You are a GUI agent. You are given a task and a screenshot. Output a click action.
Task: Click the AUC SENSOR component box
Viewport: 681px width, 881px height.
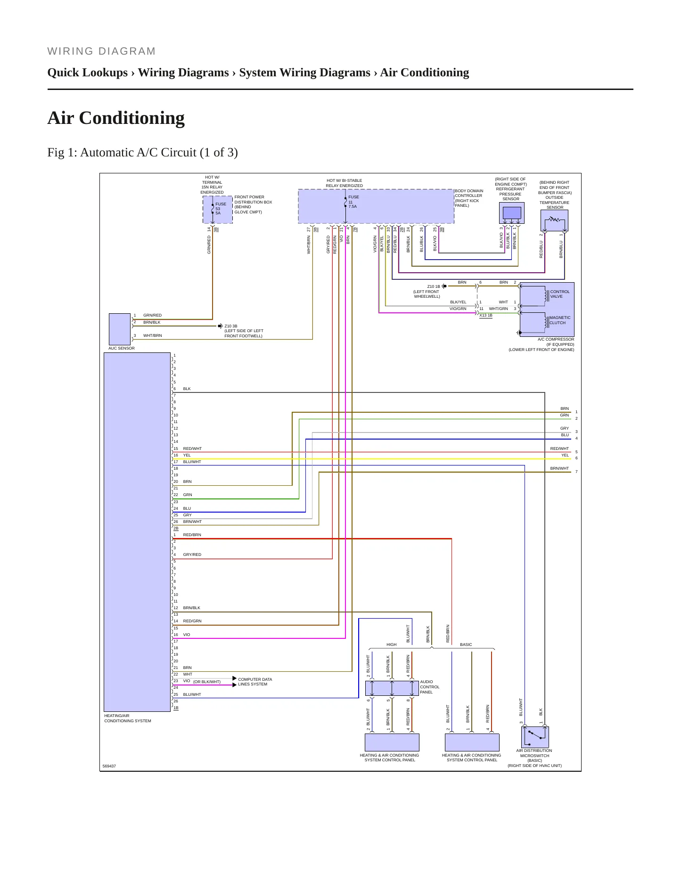120,329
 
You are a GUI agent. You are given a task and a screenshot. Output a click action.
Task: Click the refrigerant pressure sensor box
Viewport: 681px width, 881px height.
512,213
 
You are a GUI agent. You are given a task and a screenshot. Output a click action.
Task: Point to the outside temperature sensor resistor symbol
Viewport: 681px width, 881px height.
554,219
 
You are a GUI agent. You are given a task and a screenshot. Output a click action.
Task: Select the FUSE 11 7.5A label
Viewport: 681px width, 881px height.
353,202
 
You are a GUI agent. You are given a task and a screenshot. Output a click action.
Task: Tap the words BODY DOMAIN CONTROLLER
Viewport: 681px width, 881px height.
469,193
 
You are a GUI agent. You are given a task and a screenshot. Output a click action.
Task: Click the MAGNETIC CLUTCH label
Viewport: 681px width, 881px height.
560,320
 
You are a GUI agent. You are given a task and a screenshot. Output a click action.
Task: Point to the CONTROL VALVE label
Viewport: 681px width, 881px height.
560,294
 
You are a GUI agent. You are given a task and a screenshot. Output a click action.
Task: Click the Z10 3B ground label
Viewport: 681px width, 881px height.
231,326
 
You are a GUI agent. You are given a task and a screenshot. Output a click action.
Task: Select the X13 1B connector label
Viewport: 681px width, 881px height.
486,315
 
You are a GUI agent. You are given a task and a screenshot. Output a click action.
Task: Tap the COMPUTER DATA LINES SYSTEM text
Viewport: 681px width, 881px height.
255,682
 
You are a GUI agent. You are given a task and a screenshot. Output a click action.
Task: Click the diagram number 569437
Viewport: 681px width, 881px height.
109,766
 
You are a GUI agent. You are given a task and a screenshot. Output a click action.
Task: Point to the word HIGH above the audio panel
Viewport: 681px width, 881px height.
392,644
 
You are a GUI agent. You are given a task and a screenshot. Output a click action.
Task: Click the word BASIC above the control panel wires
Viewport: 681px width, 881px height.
466,644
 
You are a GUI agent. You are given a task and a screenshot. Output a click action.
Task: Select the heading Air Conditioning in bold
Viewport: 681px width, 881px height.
116,118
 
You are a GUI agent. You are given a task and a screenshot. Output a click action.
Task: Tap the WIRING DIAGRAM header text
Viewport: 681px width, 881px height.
101,51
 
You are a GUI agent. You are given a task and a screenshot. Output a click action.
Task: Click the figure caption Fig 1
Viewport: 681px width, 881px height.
142,153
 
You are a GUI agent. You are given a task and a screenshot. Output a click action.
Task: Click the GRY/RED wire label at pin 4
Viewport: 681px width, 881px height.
192,555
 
